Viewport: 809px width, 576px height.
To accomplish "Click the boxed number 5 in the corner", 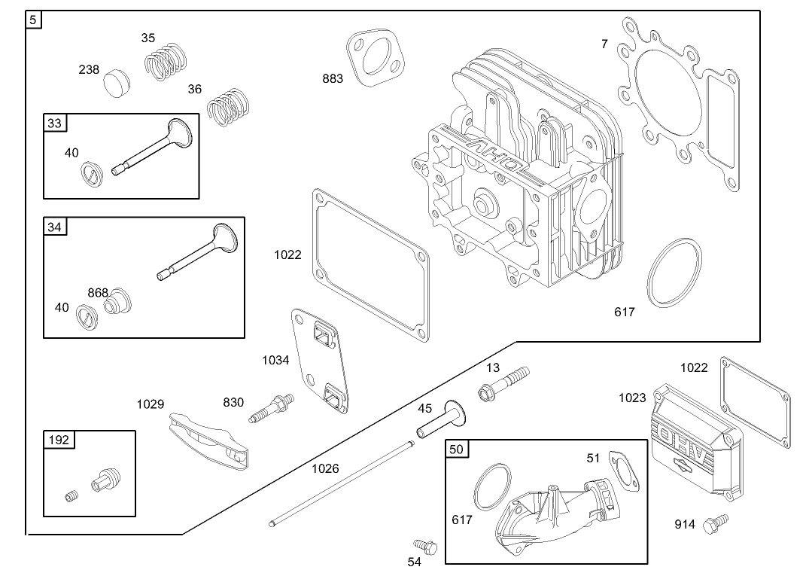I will click(34, 20).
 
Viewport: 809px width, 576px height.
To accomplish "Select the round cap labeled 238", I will click(116, 80).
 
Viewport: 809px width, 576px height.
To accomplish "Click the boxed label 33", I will click(56, 123).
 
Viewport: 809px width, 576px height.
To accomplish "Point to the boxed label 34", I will click(56, 227).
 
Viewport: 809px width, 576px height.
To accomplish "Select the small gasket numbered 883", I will click(374, 59).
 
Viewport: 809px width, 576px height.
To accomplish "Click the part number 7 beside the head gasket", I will click(604, 44).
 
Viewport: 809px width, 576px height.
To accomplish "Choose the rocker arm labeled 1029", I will click(206, 440).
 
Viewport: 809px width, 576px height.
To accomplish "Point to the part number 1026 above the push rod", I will click(325, 468).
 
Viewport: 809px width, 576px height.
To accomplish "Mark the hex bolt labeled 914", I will click(713, 523).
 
